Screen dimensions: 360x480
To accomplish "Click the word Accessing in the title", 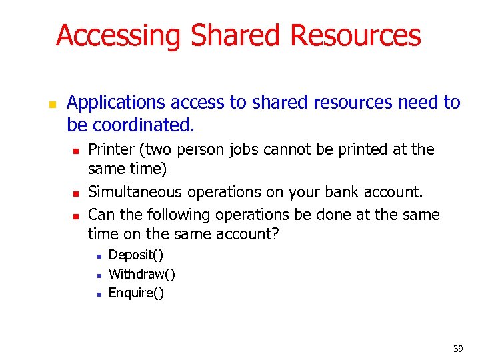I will pos(118,35).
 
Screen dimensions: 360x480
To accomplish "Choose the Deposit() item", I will pos(136,255).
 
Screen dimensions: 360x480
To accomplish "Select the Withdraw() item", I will pos(142,274).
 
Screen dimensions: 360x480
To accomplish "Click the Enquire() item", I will pos(136,293).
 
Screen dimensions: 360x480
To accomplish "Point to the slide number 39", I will pos(458,348).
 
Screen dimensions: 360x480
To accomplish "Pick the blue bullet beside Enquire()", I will pos(98,294).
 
